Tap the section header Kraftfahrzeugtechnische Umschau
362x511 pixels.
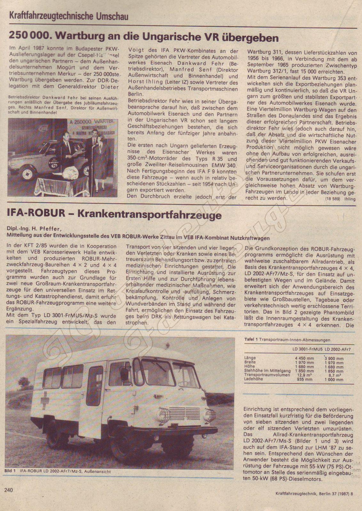coord(69,15)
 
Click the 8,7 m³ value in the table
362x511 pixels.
coord(334,375)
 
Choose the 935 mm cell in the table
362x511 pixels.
coord(305,379)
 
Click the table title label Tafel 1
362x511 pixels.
coord(251,340)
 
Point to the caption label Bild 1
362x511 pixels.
coord(10,471)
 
